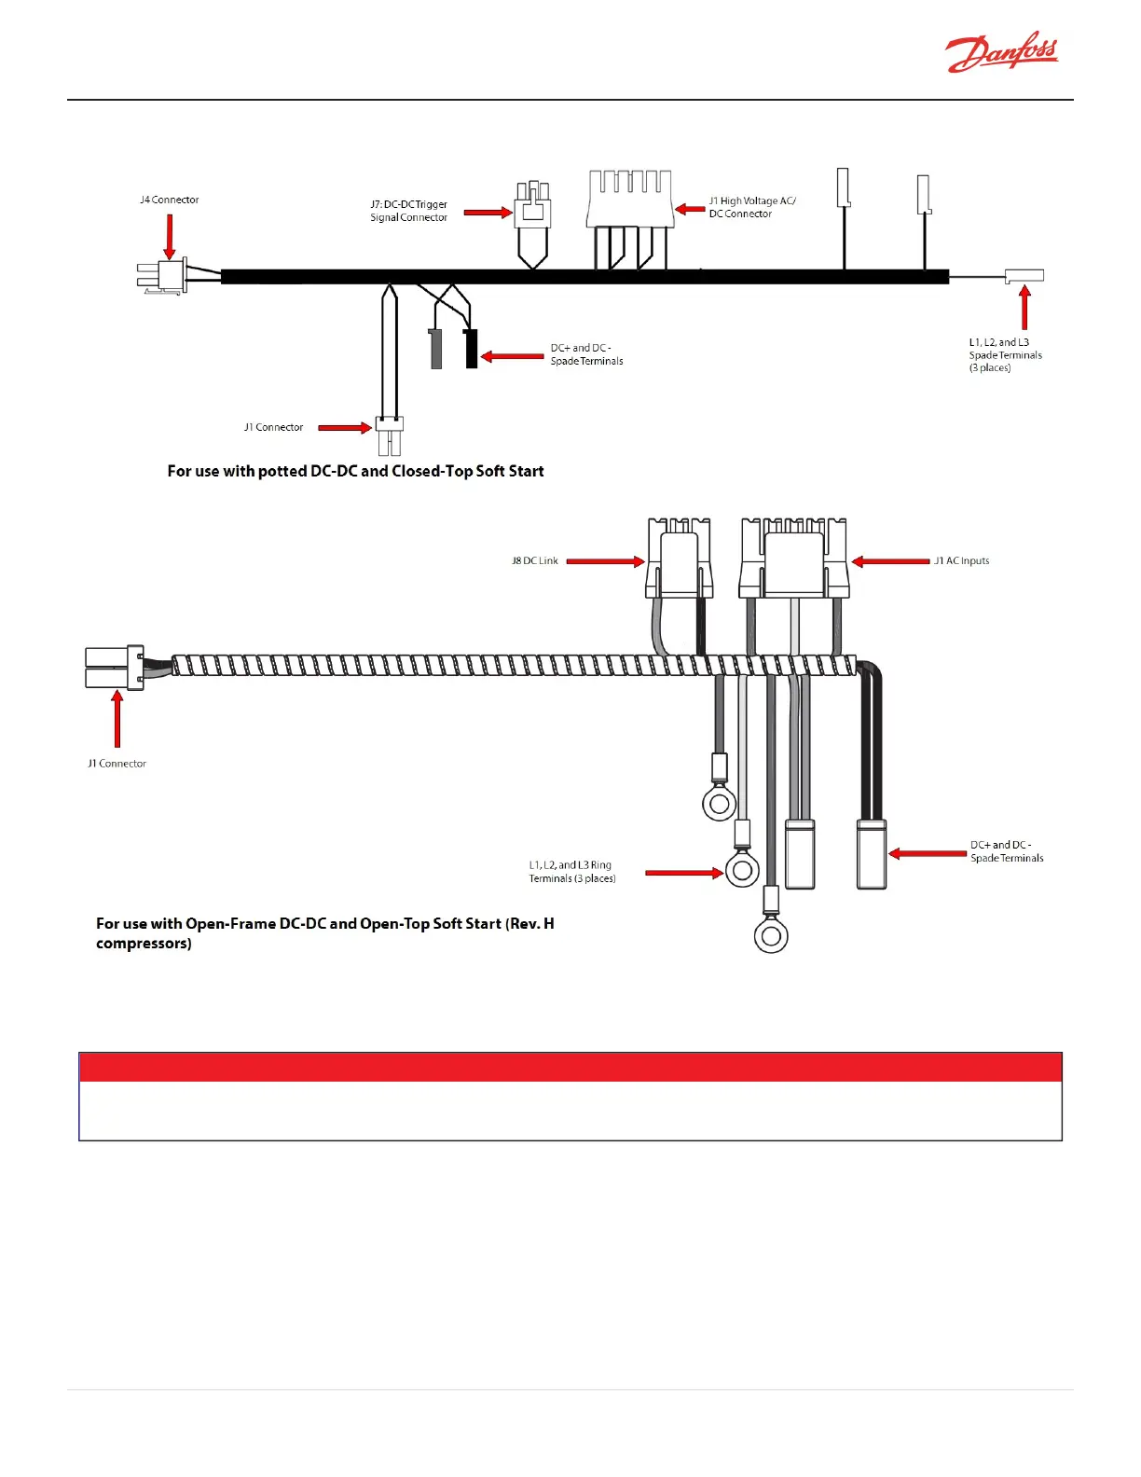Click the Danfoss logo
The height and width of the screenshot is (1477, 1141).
click(1002, 53)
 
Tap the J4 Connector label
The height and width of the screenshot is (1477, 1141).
click(169, 200)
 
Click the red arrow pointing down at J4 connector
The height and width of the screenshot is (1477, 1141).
click(170, 236)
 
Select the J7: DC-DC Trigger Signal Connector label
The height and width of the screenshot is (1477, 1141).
click(408, 211)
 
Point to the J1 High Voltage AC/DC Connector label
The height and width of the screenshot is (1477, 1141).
click(751, 207)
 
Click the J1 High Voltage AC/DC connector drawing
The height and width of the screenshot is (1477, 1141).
click(629, 199)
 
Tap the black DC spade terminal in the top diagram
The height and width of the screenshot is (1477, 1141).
click(472, 348)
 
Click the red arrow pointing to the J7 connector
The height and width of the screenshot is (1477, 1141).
click(488, 213)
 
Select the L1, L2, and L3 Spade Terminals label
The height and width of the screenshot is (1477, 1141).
click(1005, 354)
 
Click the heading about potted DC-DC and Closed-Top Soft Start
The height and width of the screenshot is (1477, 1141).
click(355, 471)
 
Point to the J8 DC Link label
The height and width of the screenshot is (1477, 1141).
click(534, 560)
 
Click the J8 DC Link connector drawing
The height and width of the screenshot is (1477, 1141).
click(680, 559)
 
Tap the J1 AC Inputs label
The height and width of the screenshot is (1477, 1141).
click(962, 560)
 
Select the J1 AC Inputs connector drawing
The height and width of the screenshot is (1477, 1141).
click(794, 559)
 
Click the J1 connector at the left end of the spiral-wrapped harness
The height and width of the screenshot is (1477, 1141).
click(115, 668)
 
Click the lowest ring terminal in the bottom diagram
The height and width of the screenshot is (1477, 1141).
click(771, 935)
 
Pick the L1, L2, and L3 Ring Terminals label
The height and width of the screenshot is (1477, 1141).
click(571, 872)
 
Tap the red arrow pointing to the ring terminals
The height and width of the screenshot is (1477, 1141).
click(683, 873)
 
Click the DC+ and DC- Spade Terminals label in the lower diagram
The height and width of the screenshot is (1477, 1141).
click(1007, 851)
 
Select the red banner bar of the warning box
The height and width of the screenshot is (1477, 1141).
click(570, 1067)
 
